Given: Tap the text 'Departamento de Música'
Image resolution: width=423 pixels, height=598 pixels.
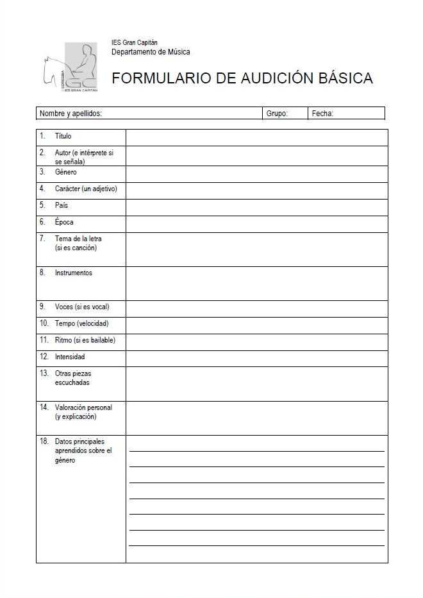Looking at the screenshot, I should coord(151,52).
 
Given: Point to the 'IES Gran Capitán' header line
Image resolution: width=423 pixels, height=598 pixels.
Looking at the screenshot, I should coord(135,42).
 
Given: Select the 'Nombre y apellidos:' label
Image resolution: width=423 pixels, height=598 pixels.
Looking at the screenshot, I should coord(71,114).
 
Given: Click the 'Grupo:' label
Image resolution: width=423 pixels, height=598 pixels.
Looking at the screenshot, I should coord(277,114).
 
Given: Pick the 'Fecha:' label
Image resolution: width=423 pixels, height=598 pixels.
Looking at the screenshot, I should coord(322,114).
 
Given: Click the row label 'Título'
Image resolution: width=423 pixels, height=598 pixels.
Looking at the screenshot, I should coord(63,136).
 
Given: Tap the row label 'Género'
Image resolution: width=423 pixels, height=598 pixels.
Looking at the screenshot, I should coord(66,172).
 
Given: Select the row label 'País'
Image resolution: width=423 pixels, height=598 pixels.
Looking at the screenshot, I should coord(62,205).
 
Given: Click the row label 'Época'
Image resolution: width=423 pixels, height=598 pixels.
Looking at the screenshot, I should coord(64,222).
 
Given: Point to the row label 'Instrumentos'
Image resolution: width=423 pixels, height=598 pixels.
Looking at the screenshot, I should coord(74,273).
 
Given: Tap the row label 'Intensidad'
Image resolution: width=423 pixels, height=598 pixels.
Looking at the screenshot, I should coord(70,357).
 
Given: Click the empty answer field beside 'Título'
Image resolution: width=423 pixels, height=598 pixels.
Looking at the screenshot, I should coord(256,137).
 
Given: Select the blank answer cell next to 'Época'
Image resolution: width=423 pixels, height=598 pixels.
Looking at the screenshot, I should coord(256,223).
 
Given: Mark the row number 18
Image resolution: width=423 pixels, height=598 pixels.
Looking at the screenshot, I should coord(44,441).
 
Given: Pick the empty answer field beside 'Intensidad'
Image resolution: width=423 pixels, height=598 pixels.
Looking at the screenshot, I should coord(256,358).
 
